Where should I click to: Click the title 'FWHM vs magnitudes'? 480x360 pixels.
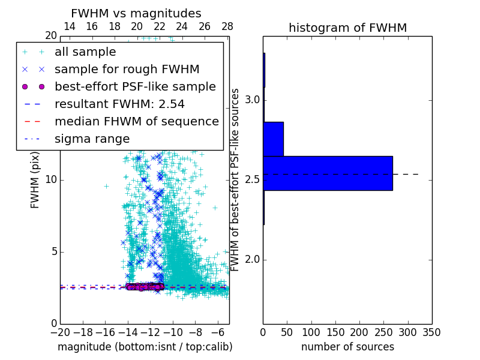[136, 14]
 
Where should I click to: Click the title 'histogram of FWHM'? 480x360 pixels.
[347, 28]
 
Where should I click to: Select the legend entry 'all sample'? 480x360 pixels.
[85, 52]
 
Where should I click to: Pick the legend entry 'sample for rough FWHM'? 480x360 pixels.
[127, 70]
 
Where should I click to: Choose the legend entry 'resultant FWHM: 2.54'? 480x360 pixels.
[119, 104]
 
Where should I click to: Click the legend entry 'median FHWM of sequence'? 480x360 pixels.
[136, 122]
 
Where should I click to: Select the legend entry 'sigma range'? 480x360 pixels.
[92, 139]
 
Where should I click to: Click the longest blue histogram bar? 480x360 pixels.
[328, 173]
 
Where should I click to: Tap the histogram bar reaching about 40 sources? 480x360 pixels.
[273, 139]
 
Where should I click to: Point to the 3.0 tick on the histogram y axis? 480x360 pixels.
[251, 100]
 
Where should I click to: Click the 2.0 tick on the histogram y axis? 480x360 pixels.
[251, 260]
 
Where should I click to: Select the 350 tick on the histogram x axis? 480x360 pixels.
[431, 332]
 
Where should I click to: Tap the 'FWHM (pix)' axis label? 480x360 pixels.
[35, 179]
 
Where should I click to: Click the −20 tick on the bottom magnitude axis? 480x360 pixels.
[60, 332]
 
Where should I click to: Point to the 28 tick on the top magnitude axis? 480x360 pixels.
[227, 26]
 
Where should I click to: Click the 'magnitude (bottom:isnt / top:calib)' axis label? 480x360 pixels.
[145, 347]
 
